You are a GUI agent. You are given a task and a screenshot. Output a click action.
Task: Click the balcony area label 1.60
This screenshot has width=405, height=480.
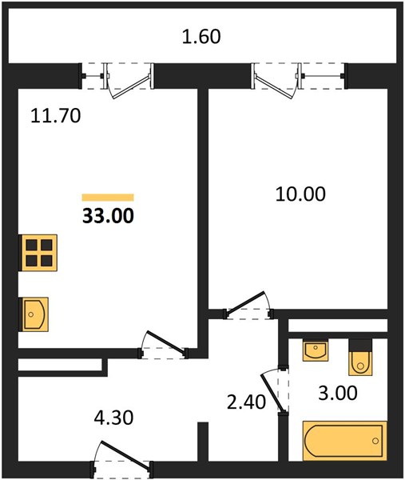[x=201, y=37]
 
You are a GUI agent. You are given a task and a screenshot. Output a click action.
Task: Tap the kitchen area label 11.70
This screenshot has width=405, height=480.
[x=56, y=116]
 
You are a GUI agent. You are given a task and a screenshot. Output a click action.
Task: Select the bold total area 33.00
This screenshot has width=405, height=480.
[x=108, y=215]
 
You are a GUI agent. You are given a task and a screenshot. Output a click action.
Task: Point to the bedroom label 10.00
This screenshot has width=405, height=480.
[x=300, y=194]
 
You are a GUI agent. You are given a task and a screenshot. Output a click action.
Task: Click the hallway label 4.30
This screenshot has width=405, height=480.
[x=113, y=418]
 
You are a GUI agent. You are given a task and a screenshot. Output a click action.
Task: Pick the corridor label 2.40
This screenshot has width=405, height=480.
[x=246, y=402]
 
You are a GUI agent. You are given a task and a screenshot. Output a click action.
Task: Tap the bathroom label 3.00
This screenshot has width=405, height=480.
[x=338, y=393]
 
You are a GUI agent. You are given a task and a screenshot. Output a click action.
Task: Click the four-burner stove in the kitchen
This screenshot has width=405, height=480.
[x=38, y=253]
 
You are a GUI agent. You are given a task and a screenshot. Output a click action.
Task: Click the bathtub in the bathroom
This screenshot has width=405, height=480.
[x=345, y=441]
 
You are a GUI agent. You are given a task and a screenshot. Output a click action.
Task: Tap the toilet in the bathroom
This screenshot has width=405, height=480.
[x=361, y=358]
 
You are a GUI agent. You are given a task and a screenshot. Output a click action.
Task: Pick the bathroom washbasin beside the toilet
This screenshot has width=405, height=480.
[x=316, y=350]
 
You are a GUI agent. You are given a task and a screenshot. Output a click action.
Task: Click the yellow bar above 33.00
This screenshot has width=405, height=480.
[x=108, y=198]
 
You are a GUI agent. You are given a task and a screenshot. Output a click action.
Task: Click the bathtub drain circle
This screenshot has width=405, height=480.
[x=375, y=441]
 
